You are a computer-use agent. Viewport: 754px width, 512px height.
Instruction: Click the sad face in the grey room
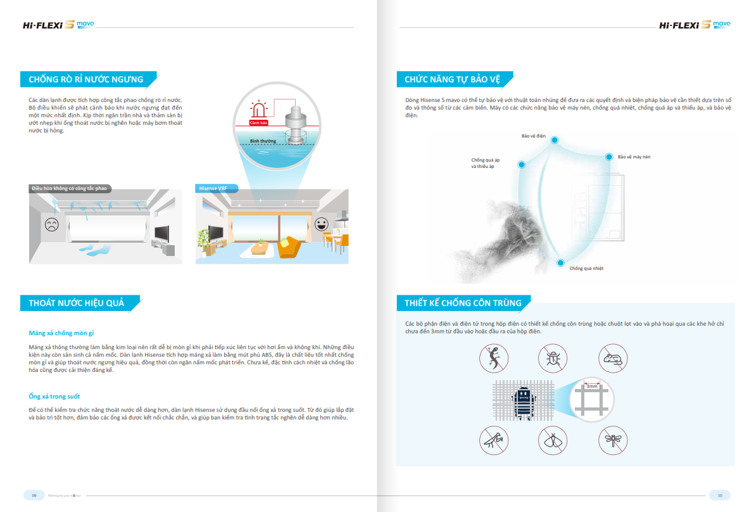click(51, 224)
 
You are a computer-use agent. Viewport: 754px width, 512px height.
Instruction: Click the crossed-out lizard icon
click(493, 359)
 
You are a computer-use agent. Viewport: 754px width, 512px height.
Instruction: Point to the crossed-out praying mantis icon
click(493, 439)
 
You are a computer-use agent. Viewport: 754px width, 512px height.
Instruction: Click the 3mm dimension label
click(591, 386)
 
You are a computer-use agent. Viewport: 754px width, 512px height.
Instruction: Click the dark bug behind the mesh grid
click(524, 401)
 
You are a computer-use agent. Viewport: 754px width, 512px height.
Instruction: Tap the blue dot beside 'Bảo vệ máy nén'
click(609, 157)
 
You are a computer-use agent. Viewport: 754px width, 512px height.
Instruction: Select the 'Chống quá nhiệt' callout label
click(586, 269)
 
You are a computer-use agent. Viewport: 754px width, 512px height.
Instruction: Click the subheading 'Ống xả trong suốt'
click(54, 397)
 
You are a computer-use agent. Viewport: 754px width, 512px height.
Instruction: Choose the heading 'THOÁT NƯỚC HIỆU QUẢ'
click(76, 304)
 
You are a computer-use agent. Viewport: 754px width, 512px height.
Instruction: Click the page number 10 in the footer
click(719, 495)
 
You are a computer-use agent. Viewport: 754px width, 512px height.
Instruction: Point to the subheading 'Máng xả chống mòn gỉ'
click(61, 333)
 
